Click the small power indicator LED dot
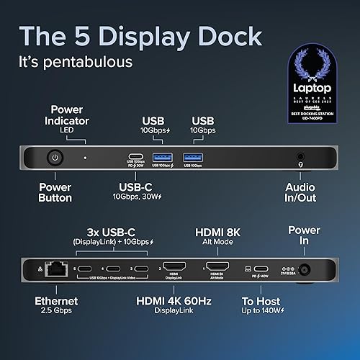tap(85, 156)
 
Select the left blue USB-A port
tap(161, 156)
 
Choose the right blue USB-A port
tap(192, 156)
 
